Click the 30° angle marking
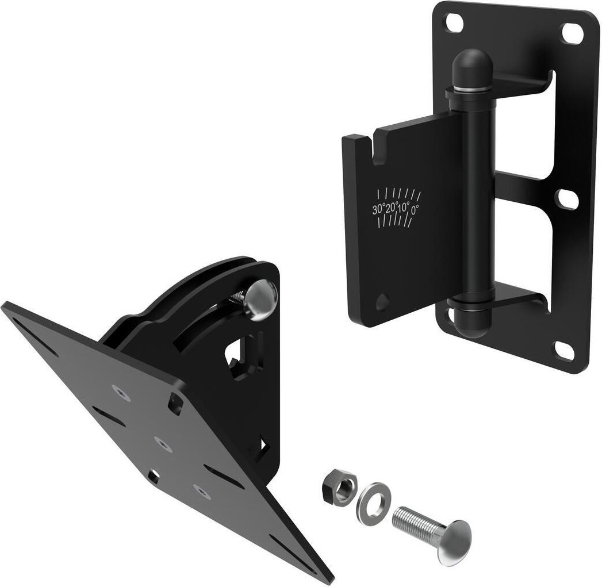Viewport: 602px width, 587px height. (x=379, y=209)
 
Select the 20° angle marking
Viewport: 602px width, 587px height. (x=392, y=208)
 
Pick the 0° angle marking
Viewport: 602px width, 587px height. (x=415, y=210)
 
